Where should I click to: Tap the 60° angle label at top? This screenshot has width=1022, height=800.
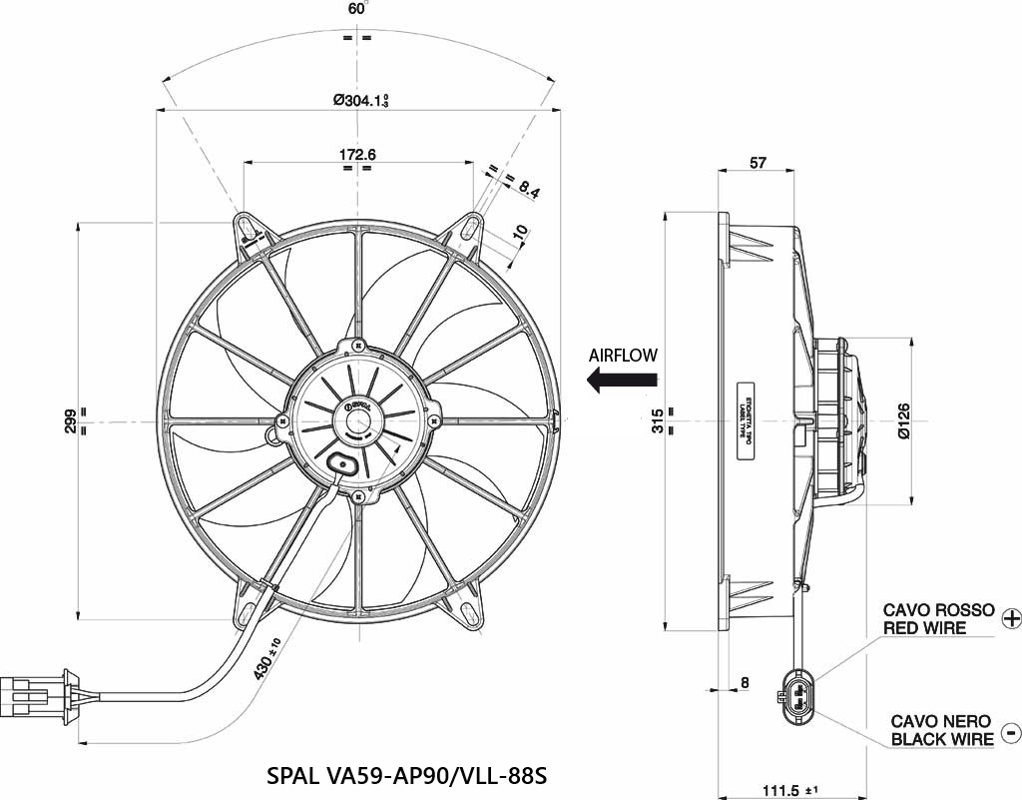[357, 9]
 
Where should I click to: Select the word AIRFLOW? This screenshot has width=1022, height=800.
[624, 355]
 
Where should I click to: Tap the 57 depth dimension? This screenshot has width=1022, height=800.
[758, 164]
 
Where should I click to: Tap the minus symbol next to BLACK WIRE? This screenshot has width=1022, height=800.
[1010, 732]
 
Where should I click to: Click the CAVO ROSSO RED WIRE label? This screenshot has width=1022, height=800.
[938, 619]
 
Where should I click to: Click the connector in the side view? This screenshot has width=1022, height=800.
[798, 695]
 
